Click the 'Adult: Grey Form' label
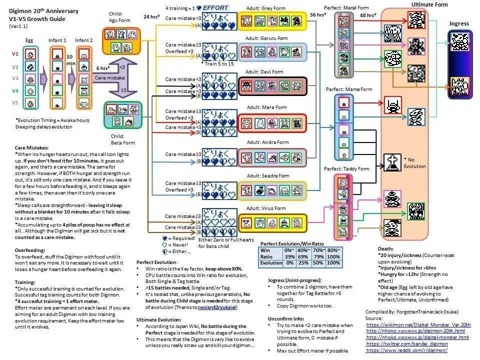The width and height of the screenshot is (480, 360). [266, 8]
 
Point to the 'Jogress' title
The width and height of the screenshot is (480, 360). [459, 23]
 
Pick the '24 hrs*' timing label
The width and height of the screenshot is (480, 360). [151, 16]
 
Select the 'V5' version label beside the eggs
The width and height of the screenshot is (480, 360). [15, 103]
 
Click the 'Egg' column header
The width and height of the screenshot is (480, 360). [29, 39]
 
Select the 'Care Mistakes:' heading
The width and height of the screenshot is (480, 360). [32, 148]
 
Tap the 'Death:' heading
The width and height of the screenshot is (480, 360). [387, 248]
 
